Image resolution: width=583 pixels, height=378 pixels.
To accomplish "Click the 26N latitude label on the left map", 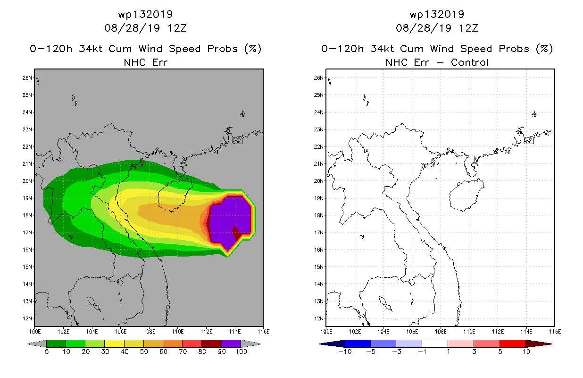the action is click(27, 77).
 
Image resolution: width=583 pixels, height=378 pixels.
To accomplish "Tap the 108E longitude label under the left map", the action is click(149, 332).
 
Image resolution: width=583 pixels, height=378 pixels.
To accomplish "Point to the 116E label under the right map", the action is click(555, 332).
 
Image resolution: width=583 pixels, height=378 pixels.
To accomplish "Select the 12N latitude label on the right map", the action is click(319, 318).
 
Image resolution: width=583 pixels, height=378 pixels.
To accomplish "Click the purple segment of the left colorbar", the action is click(231, 344).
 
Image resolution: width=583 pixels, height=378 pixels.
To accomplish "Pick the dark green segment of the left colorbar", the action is click(56, 344).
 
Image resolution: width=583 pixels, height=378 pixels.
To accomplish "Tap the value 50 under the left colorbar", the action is click(144, 352).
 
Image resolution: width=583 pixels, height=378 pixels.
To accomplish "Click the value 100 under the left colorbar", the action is click(241, 352).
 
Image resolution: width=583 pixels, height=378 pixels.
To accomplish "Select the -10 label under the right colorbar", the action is click(345, 352).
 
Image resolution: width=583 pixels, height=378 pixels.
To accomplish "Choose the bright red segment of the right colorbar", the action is click(513, 344).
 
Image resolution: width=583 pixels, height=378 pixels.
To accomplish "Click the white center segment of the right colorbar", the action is click(435, 344).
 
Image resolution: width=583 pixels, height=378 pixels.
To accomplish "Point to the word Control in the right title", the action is click(469, 63).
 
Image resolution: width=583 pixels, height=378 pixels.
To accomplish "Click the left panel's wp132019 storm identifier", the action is click(145, 15).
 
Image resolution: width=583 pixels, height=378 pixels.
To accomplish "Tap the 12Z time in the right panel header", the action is click(468, 28).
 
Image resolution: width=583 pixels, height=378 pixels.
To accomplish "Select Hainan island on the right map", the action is click(466, 195).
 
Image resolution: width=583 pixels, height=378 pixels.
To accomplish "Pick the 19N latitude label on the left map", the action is click(27, 198).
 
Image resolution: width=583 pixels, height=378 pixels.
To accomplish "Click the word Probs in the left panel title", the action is click(222, 49).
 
